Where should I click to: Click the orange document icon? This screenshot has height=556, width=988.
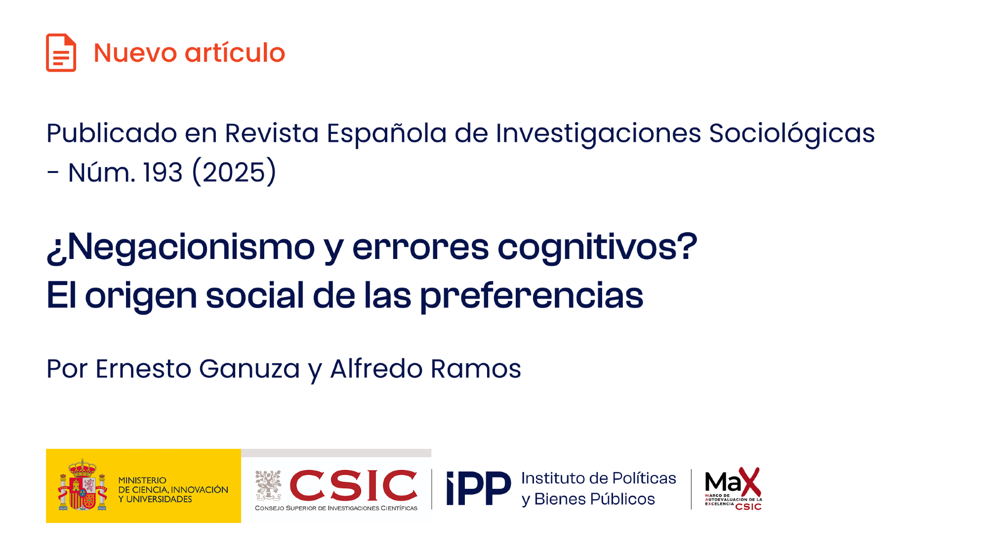click(61, 53)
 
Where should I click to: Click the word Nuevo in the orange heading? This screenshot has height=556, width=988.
click(135, 53)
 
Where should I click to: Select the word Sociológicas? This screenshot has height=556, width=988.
click(792, 134)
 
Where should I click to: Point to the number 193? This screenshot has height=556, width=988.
click(163, 172)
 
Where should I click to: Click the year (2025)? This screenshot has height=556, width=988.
click(234, 172)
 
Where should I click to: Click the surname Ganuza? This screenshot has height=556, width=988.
click(249, 369)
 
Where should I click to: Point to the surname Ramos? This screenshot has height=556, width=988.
click(476, 369)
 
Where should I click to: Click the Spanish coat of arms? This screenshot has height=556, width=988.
click(82, 485)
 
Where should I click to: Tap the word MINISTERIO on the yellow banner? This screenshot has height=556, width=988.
click(142, 480)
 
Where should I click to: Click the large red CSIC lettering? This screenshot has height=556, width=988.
click(354, 485)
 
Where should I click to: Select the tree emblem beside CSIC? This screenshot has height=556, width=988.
click(268, 485)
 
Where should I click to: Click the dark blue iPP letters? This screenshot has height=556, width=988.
click(478, 488)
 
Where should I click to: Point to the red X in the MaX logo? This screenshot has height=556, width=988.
click(750, 482)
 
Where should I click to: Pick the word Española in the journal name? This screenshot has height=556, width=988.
click(387, 133)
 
